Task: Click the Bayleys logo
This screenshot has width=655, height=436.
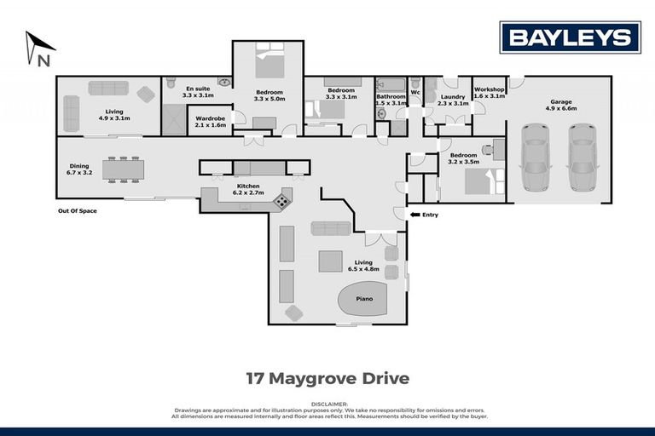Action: tap(570, 37)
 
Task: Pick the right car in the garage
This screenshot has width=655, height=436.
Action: tap(583, 157)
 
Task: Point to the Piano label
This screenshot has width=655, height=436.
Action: tap(365, 299)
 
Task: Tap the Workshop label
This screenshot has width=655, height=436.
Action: tap(490, 89)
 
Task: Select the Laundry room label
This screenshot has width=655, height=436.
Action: tap(452, 96)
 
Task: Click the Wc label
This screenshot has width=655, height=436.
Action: tap(415, 91)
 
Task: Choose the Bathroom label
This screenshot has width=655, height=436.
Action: tap(391, 96)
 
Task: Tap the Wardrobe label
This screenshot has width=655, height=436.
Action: tap(210, 118)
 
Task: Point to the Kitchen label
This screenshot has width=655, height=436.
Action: tap(248, 186)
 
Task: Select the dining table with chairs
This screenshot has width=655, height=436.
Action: tap(125, 169)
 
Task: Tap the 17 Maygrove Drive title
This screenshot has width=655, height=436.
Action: tap(327, 376)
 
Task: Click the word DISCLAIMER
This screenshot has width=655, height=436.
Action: tap(327, 404)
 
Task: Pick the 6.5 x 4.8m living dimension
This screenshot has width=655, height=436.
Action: tap(364, 269)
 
